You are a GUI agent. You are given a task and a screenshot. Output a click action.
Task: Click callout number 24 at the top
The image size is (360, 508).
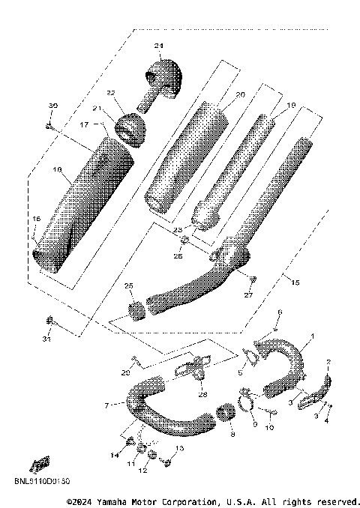158,46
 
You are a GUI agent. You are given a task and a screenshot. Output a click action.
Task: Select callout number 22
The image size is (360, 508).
110,93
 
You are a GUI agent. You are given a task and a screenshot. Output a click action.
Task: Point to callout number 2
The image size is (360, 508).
328,363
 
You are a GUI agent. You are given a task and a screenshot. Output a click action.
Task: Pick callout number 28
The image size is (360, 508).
202,395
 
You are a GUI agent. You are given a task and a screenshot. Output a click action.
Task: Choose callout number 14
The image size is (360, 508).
115,456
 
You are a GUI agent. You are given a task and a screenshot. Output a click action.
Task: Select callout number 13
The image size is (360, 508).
178,448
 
